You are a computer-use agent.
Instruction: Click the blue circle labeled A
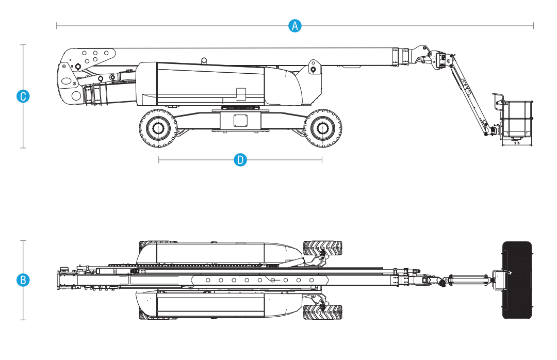[x=294, y=26]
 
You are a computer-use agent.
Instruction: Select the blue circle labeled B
[x=23, y=280]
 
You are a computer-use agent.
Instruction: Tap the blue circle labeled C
[x=23, y=96]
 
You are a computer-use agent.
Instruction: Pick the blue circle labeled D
[x=240, y=160]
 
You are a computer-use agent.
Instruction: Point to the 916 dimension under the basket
[x=517, y=143]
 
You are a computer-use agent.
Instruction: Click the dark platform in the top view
[x=517, y=280]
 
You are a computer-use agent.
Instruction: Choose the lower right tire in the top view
[x=322, y=312]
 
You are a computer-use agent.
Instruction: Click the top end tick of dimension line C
[x=23, y=45]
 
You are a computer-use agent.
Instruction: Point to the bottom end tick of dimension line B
[x=23, y=320]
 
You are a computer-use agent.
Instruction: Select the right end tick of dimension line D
[x=322, y=160]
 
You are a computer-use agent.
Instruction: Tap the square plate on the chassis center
[x=240, y=121]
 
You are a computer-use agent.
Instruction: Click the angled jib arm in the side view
[x=469, y=95]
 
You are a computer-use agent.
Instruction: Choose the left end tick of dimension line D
[x=159, y=160]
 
